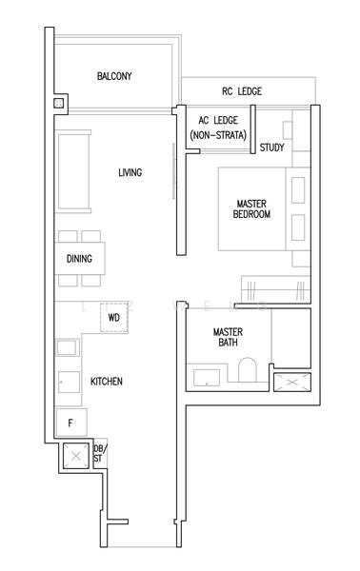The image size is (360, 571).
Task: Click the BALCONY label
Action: click(x=114, y=76)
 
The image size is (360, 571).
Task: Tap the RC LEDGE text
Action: click(x=242, y=91)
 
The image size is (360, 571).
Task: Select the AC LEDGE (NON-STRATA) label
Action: click(x=217, y=129)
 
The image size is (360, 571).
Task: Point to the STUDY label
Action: click(x=271, y=148)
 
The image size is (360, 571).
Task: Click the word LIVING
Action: click(x=130, y=172)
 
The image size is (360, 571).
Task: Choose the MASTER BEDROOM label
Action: click(x=252, y=208)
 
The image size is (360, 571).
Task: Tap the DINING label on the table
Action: click(x=79, y=259)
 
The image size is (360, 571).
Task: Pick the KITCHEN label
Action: click(x=106, y=382)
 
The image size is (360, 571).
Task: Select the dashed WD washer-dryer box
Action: click(x=113, y=318)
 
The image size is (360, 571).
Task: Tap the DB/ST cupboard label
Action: click(x=98, y=454)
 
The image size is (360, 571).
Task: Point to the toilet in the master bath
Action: click(x=247, y=372)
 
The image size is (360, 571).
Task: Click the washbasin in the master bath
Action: click(x=207, y=377)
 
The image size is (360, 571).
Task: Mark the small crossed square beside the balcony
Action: click(x=59, y=103)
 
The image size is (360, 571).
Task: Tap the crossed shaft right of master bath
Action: click(x=289, y=383)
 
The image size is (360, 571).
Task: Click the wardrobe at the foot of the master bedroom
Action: click(x=276, y=285)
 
